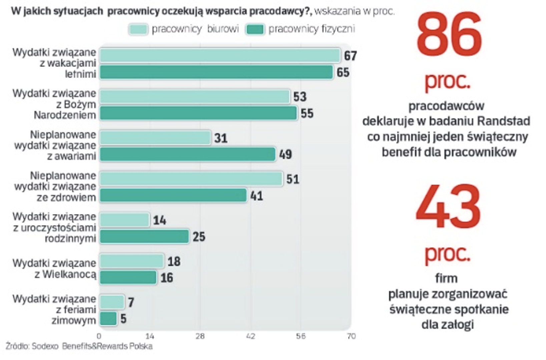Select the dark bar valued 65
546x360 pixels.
pos(216,72)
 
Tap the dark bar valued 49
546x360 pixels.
pos(187,154)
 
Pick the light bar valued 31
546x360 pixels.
pos(155,138)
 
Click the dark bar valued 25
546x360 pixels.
pos(144,237)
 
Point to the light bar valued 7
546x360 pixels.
pos(112,302)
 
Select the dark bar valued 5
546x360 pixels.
pos(108,319)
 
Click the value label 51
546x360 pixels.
pos(293,179)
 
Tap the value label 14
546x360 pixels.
pos(159,220)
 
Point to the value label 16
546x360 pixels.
pos(167,278)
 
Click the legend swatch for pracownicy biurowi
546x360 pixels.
pos(138,29)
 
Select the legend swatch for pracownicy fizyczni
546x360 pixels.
pos(255,29)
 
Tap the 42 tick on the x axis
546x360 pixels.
pos(250,336)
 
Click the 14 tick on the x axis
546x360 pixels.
pos(150,336)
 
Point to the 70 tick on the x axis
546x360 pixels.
pos(351,336)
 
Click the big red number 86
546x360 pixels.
pos(449,35)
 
